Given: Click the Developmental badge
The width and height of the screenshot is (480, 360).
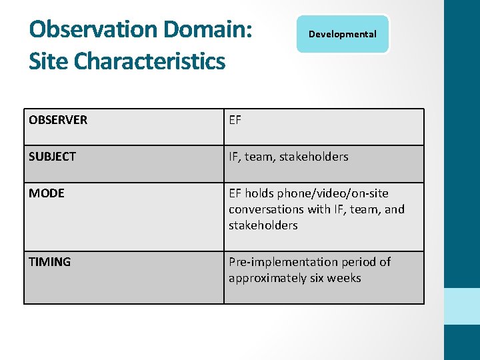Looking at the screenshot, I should click(x=343, y=34).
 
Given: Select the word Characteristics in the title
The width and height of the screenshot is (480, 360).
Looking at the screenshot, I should click(x=150, y=61).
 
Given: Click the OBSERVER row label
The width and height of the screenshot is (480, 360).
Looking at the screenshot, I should click(x=58, y=120).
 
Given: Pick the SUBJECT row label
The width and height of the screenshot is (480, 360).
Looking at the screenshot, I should click(x=52, y=157).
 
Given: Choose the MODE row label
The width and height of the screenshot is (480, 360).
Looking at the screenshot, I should click(x=47, y=193).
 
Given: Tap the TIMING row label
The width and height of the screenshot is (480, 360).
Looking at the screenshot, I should click(x=49, y=262).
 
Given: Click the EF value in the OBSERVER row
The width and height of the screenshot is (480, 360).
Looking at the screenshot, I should click(x=235, y=120).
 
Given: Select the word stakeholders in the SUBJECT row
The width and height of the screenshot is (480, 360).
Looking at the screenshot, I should click(x=314, y=157).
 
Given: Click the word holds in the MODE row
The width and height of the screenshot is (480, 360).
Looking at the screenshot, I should click(x=258, y=193).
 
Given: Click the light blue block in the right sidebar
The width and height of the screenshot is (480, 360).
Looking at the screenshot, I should click(x=462, y=306).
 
